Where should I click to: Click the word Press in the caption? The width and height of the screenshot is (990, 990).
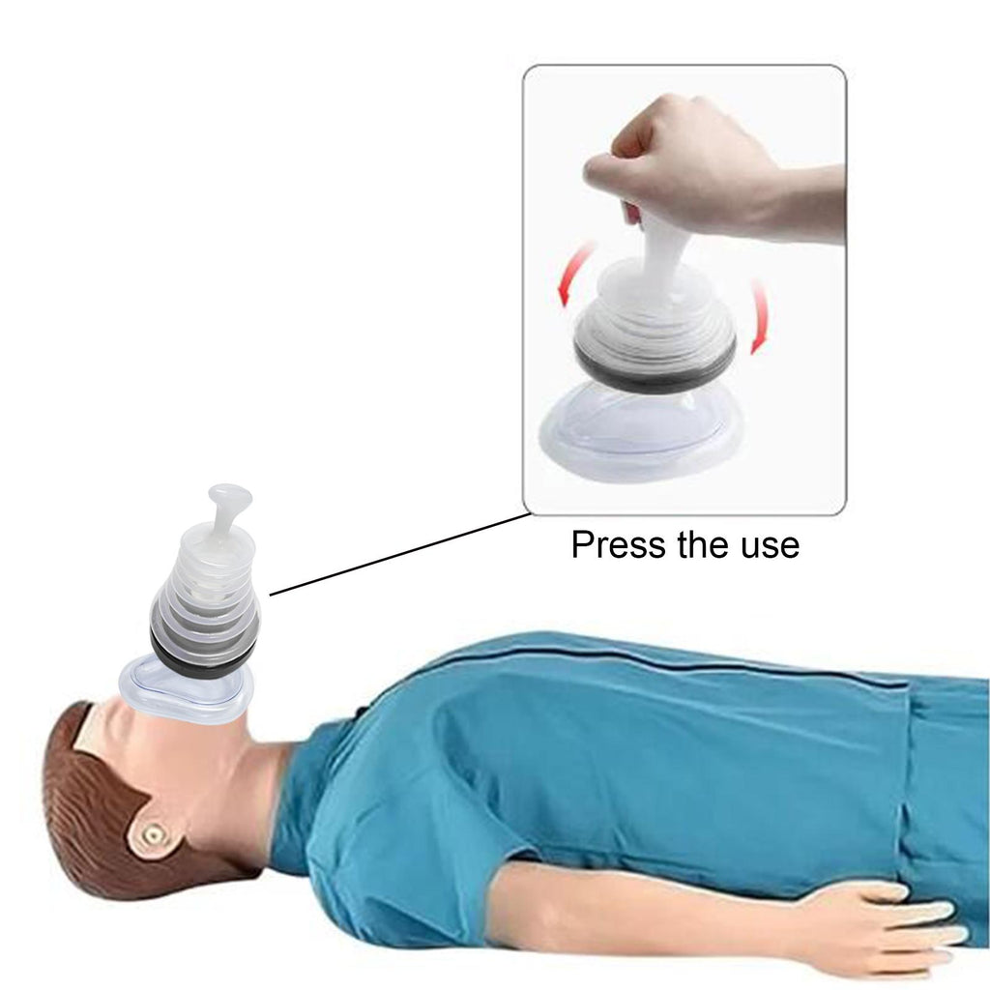coord(619,544)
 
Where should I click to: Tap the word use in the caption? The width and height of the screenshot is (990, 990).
coord(771,545)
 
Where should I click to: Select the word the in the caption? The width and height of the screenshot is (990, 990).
coord(704,544)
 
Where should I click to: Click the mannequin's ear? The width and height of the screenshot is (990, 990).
coord(153,835)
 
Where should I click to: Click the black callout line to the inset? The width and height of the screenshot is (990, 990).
coord(399,554)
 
